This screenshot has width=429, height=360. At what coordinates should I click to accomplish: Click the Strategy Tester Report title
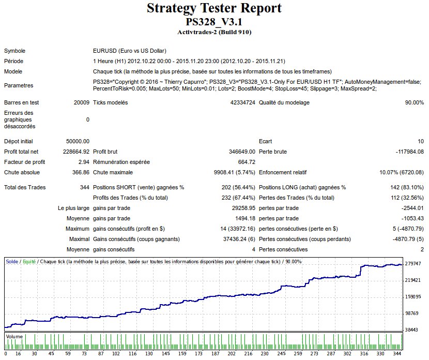(214, 8)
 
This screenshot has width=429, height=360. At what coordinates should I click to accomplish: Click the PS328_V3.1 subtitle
(214, 22)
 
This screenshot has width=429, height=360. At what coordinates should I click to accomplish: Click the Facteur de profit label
(24, 162)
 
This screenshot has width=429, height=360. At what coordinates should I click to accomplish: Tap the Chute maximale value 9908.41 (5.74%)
(234, 172)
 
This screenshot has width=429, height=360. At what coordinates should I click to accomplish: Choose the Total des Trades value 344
(85, 187)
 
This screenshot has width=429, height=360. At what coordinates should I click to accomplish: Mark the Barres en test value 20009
(81, 102)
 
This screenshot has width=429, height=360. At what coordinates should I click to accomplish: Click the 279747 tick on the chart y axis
(414, 264)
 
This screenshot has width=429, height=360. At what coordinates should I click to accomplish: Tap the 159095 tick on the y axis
(414, 297)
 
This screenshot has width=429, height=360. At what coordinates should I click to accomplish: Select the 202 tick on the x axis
(231, 354)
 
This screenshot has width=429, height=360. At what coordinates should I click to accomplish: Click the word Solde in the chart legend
(12, 262)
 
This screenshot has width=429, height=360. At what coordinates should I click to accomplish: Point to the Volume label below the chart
(14, 336)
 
